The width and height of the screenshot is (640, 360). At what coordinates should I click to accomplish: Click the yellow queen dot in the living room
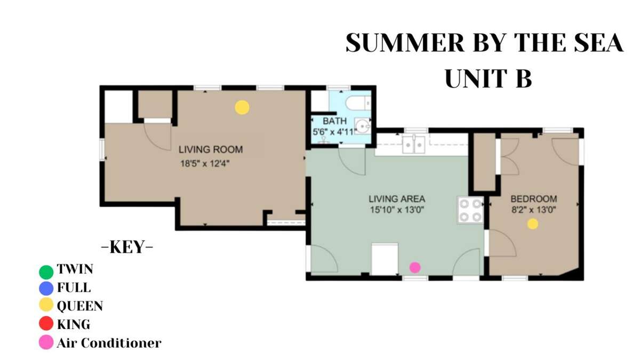[x=242, y=107]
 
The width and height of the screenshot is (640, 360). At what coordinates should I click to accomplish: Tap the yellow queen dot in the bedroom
[x=533, y=224]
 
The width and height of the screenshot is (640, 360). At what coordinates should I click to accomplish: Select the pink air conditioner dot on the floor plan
[x=415, y=267]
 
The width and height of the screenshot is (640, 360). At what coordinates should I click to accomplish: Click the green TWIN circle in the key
[x=46, y=272]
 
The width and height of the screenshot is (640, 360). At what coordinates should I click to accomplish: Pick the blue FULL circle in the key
[x=46, y=289]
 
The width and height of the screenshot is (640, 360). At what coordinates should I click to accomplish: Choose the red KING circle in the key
[x=46, y=323]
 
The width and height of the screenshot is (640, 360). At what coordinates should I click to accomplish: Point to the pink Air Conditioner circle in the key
[x=46, y=342]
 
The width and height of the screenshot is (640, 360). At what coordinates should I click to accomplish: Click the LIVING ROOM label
[x=211, y=149]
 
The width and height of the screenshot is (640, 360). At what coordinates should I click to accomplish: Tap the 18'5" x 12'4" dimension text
[x=205, y=164]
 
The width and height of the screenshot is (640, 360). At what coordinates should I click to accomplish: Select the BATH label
[x=334, y=121]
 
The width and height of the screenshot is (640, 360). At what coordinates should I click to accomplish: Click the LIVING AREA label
[x=397, y=199]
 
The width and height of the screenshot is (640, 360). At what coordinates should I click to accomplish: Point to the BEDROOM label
[x=534, y=199]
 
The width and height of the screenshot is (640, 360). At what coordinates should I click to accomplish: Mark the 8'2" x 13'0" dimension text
[x=533, y=210]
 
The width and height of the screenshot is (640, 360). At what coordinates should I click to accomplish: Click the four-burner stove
[x=470, y=210]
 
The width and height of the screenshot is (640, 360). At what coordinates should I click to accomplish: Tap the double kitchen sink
[x=413, y=145]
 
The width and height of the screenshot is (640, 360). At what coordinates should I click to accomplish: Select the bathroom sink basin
[x=362, y=126]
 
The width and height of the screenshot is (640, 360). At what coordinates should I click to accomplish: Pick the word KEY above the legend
[x=127, y=247]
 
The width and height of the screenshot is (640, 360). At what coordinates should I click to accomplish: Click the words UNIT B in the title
[x=489, y=78]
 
